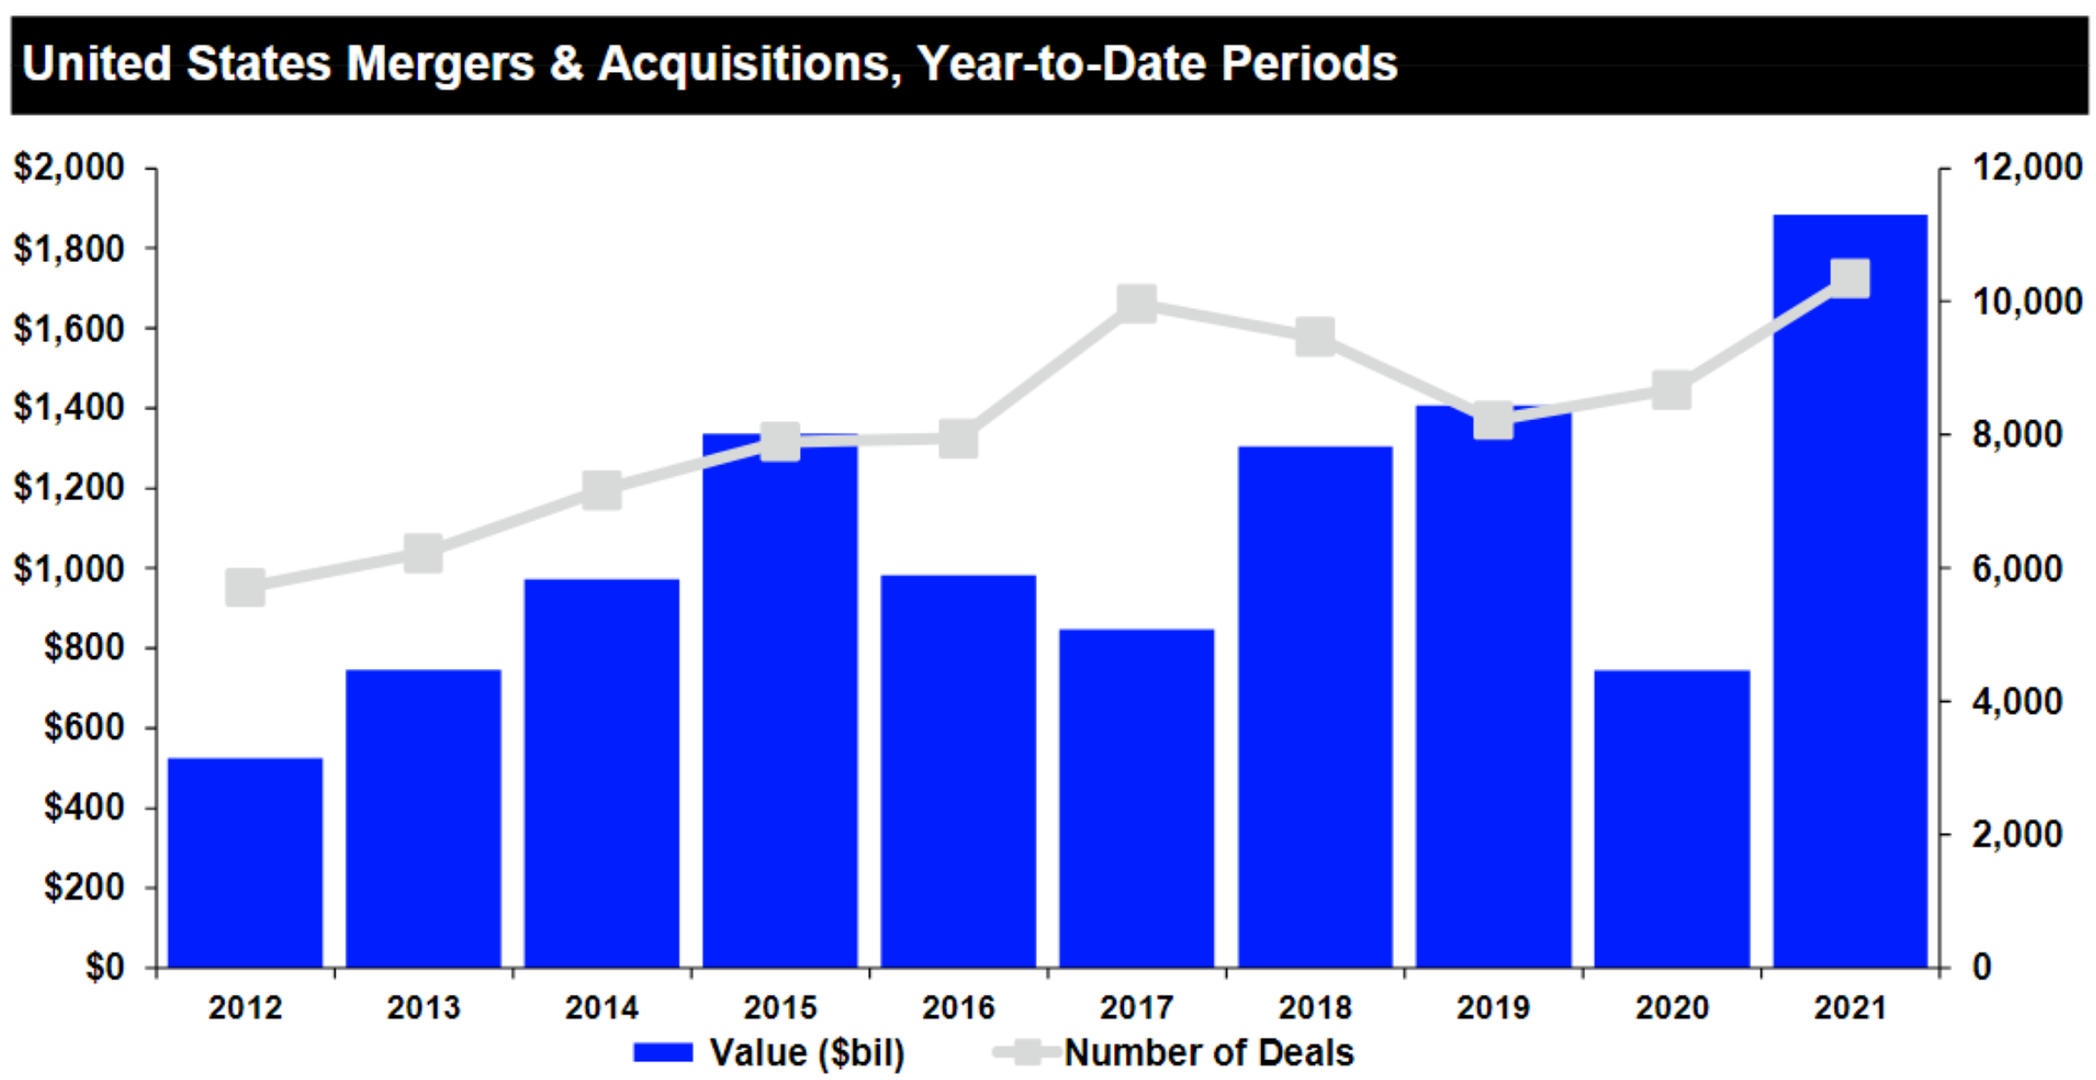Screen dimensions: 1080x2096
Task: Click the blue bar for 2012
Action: pyautogui.click(x=245, y=862)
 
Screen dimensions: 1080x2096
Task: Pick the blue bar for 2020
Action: pyautogui.click(x=1671, y=817)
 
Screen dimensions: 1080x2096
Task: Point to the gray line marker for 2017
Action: pyautogui.click(x=1136, y=304)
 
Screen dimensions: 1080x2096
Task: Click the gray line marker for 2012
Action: pyautogui.click(x=245, y=588)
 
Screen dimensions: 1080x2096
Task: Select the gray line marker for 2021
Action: pyautogui.click(x=1849, y=279)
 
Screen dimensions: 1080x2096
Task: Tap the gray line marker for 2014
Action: pyautogui.click(x=601, y=491)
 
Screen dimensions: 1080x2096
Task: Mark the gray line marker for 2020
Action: pyautogui.click(x=1671, y=391)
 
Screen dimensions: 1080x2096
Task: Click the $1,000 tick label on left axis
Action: pyautogui.click(x=69, y=568)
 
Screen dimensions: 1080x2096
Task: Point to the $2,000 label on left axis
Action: pyautogui.click(x=69, y=168)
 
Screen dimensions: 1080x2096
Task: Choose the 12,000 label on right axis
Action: pyautogui.click(x=2026, y=168)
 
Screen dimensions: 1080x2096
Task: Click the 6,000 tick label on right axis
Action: pyautogui.click(x=2016, y=568)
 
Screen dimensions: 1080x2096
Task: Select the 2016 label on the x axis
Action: pyautogui.click(x=958, y=1007)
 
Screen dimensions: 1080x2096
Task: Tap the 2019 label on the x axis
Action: pyautogui.click(x=1493, y=1007)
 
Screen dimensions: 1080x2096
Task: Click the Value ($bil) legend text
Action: pyautogui.click(x=806, y=1052)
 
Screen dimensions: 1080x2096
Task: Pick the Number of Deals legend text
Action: pyautogui.click(x=1208, y=1052)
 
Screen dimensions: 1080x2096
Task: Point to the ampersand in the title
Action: pyautogui.click(x=566, y=65)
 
